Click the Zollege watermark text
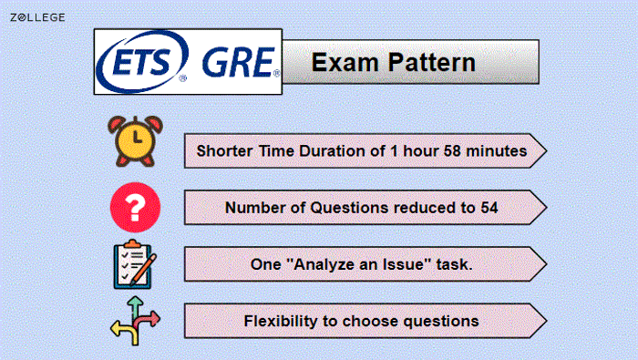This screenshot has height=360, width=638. [37, 17]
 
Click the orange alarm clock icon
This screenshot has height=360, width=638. [135, 141]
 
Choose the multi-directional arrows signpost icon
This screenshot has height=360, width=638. [135, 319]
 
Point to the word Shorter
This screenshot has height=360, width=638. [227, 150]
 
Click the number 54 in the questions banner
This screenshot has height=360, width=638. [489, 208]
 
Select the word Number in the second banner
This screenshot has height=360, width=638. [254, 208]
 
